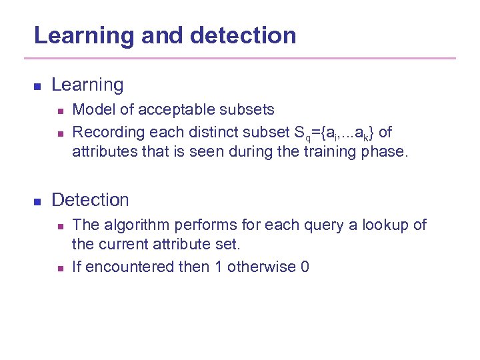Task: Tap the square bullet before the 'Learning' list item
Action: pos(38,87)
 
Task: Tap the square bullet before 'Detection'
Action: pos(38,201)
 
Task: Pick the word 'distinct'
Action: pos(207,131)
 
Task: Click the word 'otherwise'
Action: pos(261,267)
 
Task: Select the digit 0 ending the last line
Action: pos(305,267)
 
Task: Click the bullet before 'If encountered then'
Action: pos(59,269)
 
